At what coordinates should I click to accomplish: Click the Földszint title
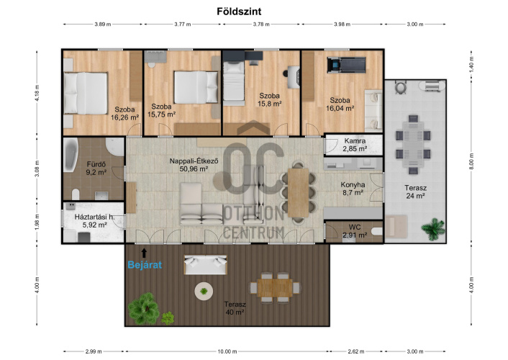coord(239,12)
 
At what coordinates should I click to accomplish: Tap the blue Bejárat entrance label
coord(145,265)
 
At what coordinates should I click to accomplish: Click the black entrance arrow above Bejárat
coord(144,253)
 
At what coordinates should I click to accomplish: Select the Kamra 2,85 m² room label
coord(355,145)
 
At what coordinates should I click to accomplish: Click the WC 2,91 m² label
coord(355,231)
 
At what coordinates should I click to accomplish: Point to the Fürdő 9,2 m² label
coord(96,168)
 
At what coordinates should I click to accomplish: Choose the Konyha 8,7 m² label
coord(353,189)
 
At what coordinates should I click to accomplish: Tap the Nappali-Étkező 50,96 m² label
coord(194,165)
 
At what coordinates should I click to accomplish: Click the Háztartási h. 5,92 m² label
coord(94,221)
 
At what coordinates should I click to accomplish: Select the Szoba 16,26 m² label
coord(124,114)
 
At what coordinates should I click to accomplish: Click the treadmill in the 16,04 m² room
coord(346,65)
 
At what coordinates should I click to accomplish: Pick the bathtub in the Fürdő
coord(71,155)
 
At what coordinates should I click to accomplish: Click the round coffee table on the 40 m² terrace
coord(204,292)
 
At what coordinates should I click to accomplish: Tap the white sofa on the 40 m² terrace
coord(205,265)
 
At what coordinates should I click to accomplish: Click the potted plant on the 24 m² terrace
coord(433,229)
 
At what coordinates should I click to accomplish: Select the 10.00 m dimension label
coord(227,351)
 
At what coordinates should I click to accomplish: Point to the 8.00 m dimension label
coord(471,161)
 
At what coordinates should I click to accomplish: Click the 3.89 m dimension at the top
coord(103,24)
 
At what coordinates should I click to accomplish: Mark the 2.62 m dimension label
coord(355,351)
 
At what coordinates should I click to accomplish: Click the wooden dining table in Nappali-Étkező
coord(298,193)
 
